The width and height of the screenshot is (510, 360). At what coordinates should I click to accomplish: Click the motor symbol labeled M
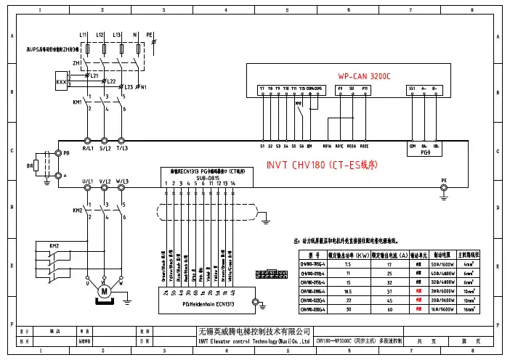coord(104,291)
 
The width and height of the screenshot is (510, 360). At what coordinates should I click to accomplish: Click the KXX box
coord(60,83)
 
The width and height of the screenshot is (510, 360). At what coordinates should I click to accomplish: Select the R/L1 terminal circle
coord(88,140)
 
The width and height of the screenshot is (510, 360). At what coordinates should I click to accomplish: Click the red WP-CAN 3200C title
coord(365,75)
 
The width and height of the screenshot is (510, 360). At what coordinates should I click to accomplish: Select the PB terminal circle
coord(57,154)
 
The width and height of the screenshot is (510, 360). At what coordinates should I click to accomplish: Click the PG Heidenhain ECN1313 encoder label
coord(206,303)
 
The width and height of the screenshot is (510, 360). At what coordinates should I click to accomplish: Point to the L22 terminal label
coord(110,81)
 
